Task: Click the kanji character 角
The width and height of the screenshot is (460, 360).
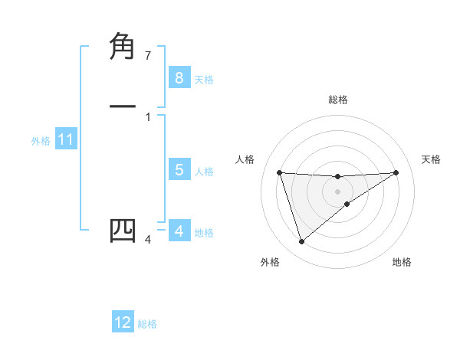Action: point(123,48)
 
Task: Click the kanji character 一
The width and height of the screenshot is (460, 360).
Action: point(123,107)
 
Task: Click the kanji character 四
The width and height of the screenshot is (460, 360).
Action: point(123,231)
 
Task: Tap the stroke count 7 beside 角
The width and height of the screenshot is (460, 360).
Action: point(148,56)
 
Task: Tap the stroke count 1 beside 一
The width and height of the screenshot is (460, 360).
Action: point(148,117)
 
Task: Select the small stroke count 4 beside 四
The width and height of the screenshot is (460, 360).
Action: point(148,240)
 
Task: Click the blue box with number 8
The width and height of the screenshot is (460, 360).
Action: point(179,77)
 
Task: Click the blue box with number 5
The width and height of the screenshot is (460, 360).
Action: point(179,170)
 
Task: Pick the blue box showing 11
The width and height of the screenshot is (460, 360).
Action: point(65,140)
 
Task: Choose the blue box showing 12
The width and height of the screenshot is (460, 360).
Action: point(123,322)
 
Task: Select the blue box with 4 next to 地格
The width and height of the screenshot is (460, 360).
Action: point(179,231)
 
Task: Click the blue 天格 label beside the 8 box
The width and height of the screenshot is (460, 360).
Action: point(204,79)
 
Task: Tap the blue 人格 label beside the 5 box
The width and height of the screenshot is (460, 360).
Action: point(204,172)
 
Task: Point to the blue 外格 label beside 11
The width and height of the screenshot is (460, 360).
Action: point(41,141)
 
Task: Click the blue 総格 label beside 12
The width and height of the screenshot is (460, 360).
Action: point(147,324)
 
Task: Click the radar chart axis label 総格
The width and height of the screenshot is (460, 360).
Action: point(337,100)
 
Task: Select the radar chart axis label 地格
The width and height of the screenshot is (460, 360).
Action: point(402,262)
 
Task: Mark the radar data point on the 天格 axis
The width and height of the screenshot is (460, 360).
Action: point(396,172)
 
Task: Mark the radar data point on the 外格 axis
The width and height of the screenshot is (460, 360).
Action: point(301,242)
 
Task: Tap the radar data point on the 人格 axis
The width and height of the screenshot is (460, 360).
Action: point(279,172)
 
